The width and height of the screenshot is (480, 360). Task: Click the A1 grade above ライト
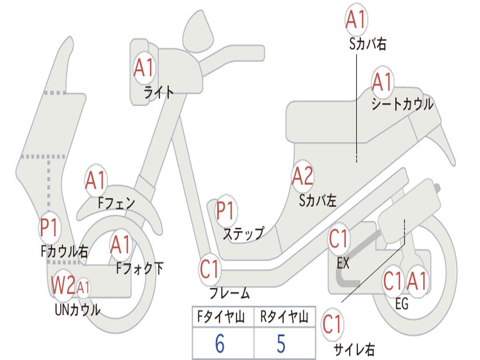tap(143, 68)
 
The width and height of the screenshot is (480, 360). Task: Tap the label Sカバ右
tap(367, 44)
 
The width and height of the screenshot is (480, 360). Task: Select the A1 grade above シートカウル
tap(382, 83)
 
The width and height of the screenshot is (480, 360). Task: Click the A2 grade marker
tap(302, 176)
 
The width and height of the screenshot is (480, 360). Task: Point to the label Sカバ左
tap(318, 201)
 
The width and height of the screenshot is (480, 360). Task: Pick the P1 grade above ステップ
tap(226, 211)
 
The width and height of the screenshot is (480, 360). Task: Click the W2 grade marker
tap(63, 285)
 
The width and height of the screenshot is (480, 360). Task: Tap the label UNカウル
tap(77, 310)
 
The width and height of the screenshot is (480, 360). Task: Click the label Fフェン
tap(116, 203)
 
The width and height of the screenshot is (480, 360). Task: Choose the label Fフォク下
tap(140, 269)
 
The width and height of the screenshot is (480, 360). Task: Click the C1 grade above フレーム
tap(210, 270)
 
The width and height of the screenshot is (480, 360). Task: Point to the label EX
tap(343, 263)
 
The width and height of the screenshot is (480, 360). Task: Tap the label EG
tap(402, 304)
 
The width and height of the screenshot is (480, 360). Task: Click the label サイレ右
tap(354, 349)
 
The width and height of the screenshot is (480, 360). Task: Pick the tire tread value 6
tap(220, 344)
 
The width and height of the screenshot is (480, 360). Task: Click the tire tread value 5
tap(281, 344)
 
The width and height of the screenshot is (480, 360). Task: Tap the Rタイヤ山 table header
tap(284, 318)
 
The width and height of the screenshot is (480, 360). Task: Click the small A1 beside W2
tap(83, 286)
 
